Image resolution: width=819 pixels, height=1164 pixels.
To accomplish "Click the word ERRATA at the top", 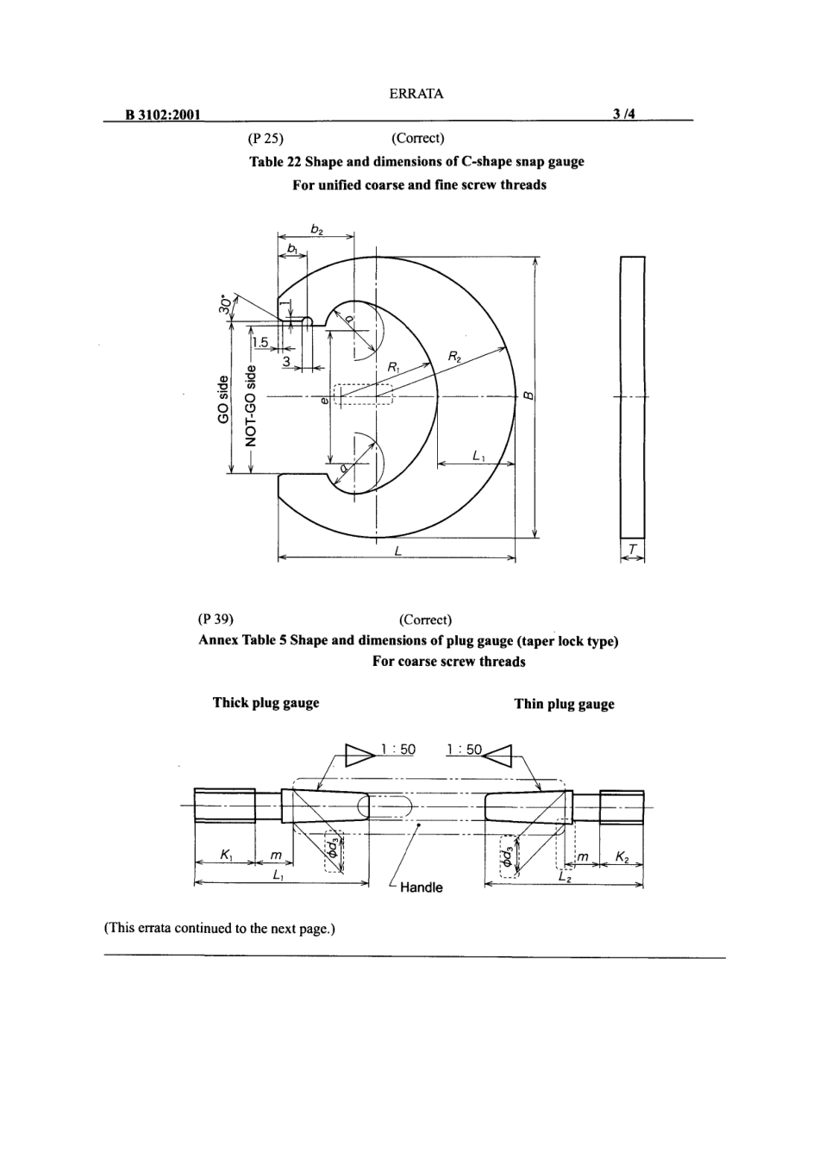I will (416, 94).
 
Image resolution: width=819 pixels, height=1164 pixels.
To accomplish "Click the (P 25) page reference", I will (266, 138).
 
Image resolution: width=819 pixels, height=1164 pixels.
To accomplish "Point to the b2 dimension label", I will (316, 229).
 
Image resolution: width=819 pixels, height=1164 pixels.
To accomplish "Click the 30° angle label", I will (226, 304).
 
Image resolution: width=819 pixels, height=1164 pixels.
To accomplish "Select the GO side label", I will (223, 399).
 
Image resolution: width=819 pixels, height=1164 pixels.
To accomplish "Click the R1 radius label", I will (393, 367).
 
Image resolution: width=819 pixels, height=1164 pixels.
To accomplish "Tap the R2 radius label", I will (455, 355).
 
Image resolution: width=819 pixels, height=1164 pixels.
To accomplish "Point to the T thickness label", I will (633, 549).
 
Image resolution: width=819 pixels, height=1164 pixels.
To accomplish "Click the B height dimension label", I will (528, 396).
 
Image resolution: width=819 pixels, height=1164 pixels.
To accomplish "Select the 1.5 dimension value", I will (259, 342).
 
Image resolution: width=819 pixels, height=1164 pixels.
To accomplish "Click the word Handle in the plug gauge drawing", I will (421, 887).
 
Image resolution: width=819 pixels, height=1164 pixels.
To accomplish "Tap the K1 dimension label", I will (226, 856).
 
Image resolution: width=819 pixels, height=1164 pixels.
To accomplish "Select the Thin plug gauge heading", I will (564, 704).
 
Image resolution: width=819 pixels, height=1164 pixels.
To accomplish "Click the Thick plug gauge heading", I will (266, 703).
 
